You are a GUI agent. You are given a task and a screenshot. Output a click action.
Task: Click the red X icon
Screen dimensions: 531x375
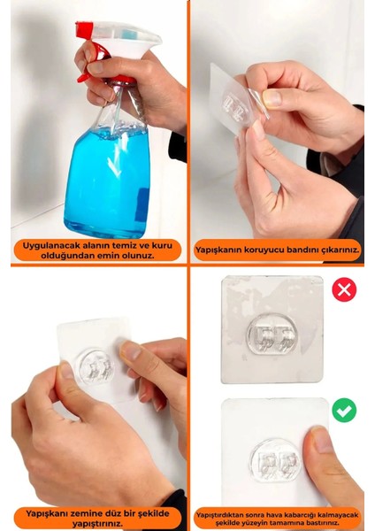(344, 289)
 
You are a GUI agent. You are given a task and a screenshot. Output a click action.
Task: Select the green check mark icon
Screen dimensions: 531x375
(344, 410)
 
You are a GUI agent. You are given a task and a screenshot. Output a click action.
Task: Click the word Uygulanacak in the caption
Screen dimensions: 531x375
(53, 243)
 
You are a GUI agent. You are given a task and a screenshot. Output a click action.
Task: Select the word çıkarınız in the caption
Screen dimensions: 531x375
(333, 250)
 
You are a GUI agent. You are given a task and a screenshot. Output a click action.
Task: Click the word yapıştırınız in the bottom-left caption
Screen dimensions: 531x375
(96, 522)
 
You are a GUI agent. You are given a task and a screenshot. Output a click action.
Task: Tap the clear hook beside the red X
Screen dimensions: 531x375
(272, 335)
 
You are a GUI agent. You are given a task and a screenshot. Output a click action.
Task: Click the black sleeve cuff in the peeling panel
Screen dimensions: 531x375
(341, 159)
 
